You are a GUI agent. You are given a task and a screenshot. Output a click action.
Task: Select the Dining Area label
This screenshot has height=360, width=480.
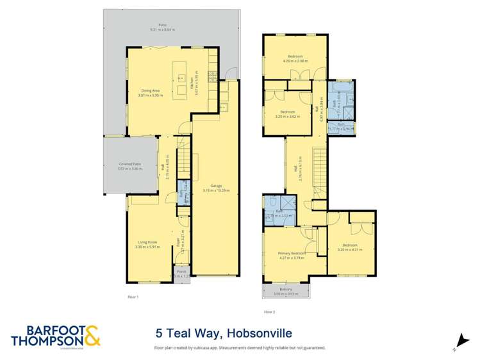[x=151, y=92]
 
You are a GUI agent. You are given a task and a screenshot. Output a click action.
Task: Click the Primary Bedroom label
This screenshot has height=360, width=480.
[x=292, y=254]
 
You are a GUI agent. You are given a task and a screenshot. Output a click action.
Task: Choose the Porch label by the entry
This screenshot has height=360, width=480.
[x=181, y=272]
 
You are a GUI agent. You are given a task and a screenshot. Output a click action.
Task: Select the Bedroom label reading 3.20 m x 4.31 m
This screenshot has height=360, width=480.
[x=350, y=246]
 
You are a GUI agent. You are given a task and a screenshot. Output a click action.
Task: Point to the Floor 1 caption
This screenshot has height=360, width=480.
[x=133, y=297]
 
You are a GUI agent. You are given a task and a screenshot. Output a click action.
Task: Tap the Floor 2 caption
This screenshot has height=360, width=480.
[x=269, y=312]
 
